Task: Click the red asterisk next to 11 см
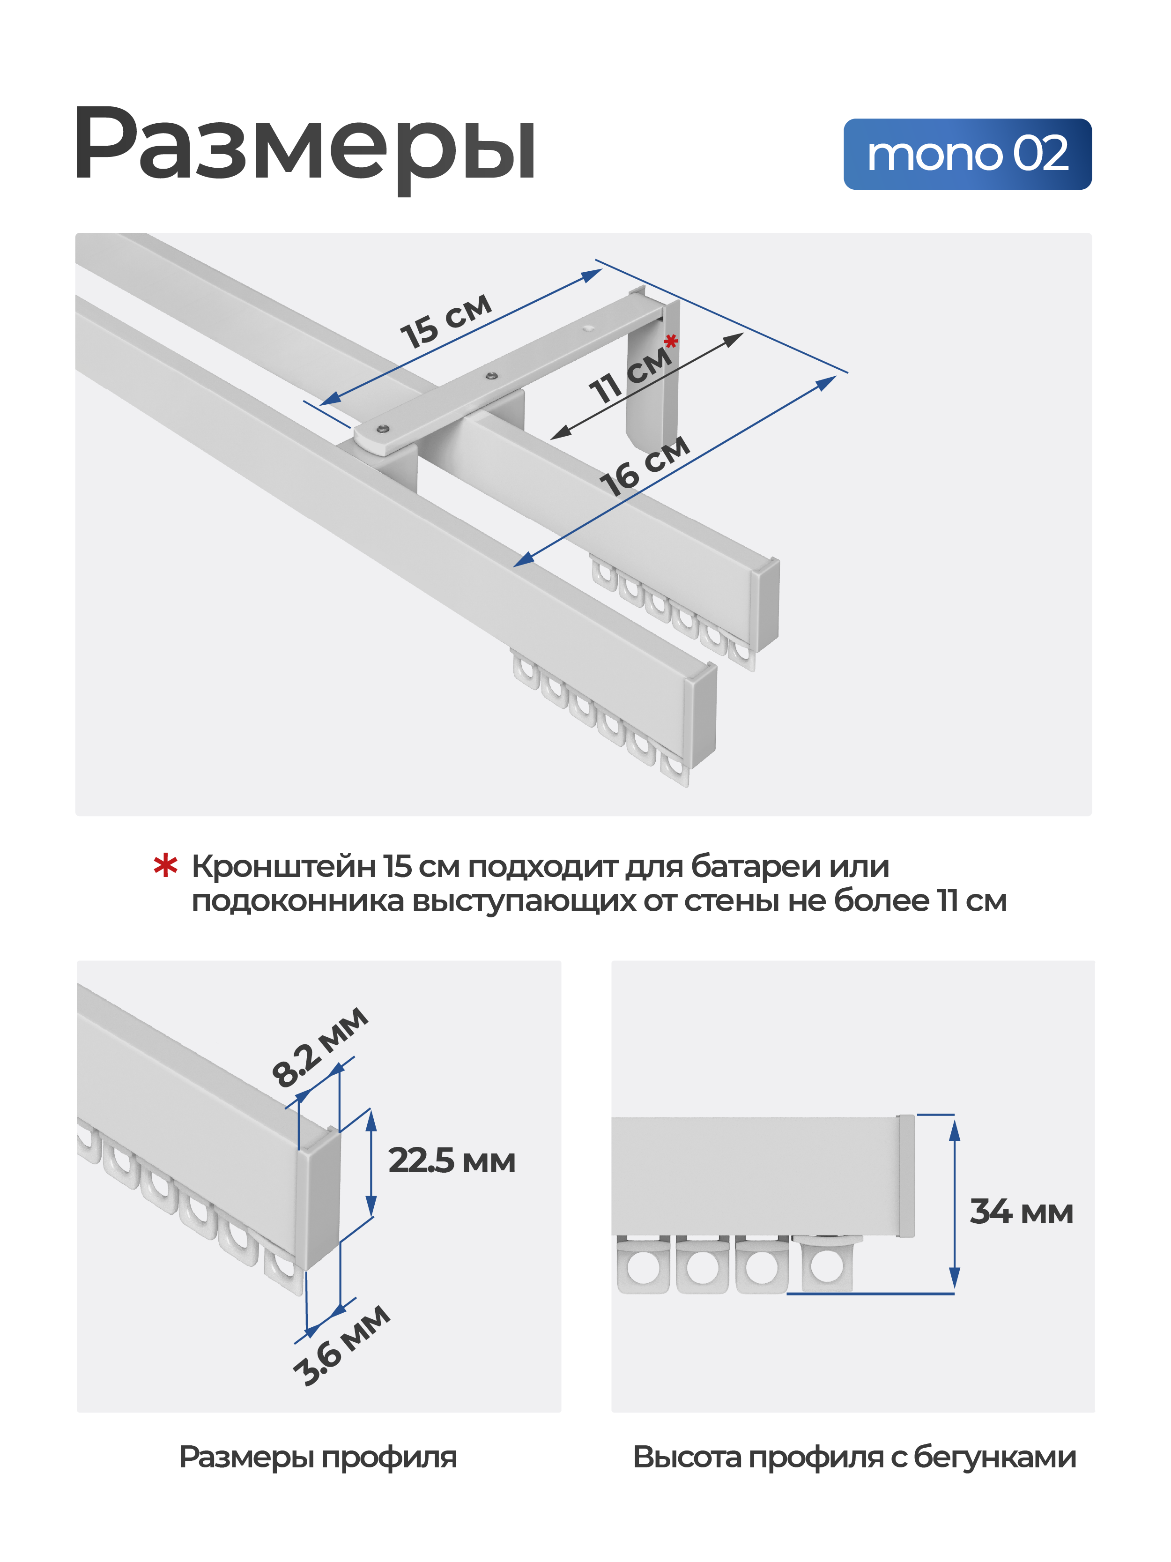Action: coord(671,342)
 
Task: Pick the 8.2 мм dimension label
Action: coord(319,1047)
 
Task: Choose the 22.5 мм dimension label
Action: coord(451,1161)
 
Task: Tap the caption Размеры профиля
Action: coord(318,1457)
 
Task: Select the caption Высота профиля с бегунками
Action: coord(853,1457)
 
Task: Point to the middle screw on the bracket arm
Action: coord(492,376)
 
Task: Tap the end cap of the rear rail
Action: coord(767,604)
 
